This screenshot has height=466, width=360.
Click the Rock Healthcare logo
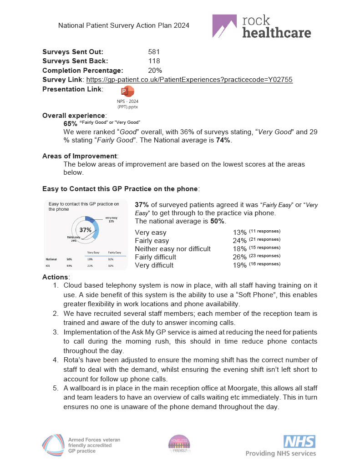tap(262, 26)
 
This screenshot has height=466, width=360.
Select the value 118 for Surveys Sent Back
tap(154, 61)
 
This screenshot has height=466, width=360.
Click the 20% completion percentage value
tap(155, 70)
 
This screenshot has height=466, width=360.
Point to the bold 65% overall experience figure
tap(71, 123)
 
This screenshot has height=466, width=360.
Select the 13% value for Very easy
tap(240, 232)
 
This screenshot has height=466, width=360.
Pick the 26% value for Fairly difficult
tap(240, 257)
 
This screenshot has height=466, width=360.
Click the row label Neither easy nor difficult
tap(173, 248)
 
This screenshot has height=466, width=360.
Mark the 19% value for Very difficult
tap(240, 265)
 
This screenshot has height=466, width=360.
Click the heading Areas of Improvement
tap(79, 156)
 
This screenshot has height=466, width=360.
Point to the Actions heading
tap(56, 277)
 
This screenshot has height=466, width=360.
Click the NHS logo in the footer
tap(299, 441)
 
